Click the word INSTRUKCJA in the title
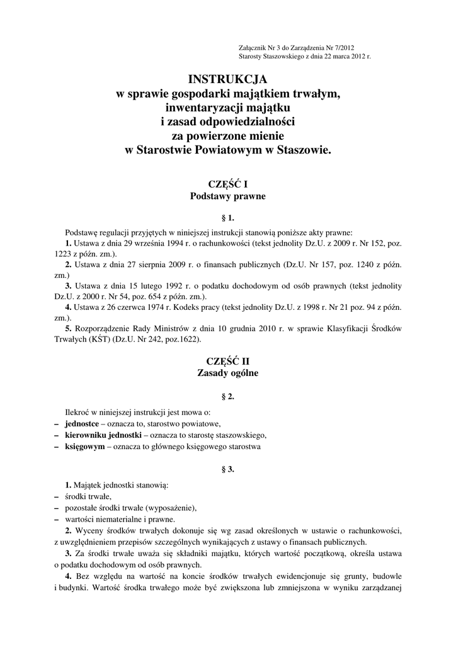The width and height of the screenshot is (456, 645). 228,79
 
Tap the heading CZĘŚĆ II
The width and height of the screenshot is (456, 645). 228,360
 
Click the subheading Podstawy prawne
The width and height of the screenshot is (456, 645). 228,196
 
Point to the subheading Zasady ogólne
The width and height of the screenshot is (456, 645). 228,373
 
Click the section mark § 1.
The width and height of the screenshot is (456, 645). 228,219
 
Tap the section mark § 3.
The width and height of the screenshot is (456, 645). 228,469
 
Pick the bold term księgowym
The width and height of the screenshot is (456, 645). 84,447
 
